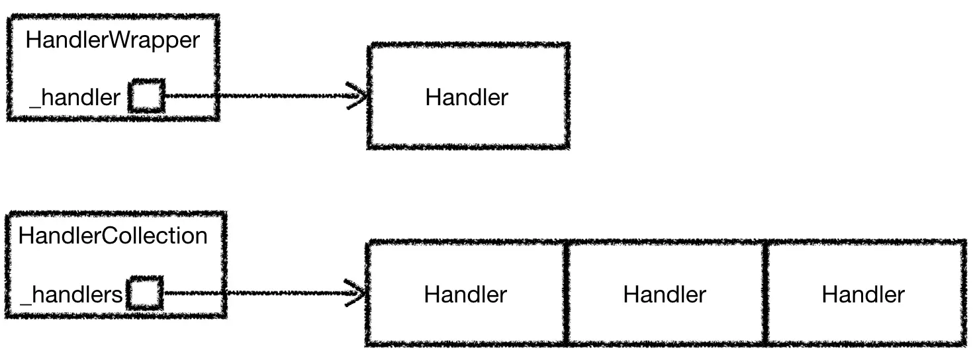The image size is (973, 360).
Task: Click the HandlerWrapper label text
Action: click(113, 40)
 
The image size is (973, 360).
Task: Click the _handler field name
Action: click(75, 98)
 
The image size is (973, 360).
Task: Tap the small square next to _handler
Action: click(146, 96)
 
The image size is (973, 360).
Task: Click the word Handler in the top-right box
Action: click(467, 97)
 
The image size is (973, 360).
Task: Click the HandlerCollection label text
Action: click(113, 236)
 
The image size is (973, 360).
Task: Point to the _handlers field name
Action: click(71, 294)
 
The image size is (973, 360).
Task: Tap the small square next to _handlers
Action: click(145, 292)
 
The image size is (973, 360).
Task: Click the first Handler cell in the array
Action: click(466, 294)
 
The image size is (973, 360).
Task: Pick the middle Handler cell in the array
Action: click(665, 294)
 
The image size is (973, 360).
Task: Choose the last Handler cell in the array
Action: click(863, 294)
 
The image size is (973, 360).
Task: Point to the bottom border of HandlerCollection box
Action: click(116, 316)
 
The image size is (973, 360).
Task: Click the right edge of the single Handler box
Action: click(567, 96)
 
